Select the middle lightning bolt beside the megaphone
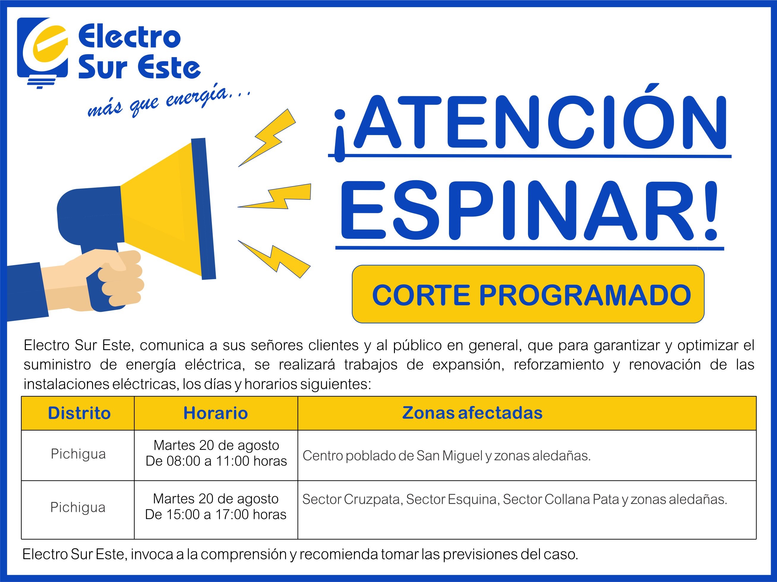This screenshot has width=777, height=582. [x=274, y=196]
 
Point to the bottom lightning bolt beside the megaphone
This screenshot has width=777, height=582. [x=274, y=259]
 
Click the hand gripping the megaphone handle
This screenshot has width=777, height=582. [x=95, y=281]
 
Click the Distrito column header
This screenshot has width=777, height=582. [x=79, y=413]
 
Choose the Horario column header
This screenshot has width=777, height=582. [x=216, y=413]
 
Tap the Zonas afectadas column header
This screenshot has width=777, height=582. [x=472, y=413]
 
